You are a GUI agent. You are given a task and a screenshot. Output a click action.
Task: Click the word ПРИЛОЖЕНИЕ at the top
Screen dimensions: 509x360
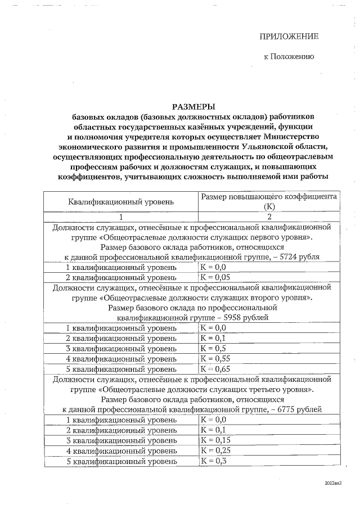pos(289,37)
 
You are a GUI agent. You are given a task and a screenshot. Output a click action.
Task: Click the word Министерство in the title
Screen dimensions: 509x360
pos(286,136)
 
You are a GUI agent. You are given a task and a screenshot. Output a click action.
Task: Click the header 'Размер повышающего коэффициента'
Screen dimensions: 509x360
pos(269,196)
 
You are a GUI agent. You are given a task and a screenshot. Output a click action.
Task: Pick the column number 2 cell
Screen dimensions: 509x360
pos(269,217)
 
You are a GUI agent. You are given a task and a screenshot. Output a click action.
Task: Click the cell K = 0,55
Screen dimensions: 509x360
pos(214,358)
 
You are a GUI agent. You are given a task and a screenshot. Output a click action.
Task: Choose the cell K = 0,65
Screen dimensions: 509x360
pos(214,369)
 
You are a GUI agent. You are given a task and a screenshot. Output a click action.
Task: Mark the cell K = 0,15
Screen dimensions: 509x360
pos(214,440)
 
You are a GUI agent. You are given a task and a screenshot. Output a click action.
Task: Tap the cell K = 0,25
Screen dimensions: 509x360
pos(214,451)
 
